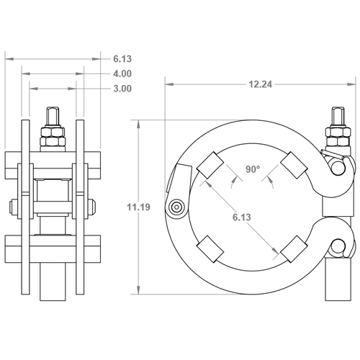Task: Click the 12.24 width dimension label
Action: pyautogui.click(x=261, y=84)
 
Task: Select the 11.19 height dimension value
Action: pyautogui.click(x=138, y=207)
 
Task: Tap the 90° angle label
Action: pyautogui.click(x=253, y=169)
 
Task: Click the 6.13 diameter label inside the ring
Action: pyautogui.click(x=242, y=217)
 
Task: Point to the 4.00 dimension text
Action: pyautogui.click(x=122, y=73)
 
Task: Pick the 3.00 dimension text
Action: pyautogui.click(x=122, y=89)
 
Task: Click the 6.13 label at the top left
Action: pyautogui.click(x=122, y=59)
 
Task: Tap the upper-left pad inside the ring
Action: pyautogui.click(x=210, y=165)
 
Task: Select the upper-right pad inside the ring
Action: pyautogui.click(x=294, y=165)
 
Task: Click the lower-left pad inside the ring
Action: pyautogui.click(x=210, y=249)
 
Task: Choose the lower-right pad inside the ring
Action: pyautogui.click(x=294, y=249)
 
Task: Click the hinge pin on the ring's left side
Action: pyautogui.click(x=177, y=207)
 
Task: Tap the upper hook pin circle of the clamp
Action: pyautogui.click(x=338, y=166)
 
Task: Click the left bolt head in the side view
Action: pyautogui.click(x=13, y=207)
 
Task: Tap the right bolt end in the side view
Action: pyautogui.click(x=92, y=207)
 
